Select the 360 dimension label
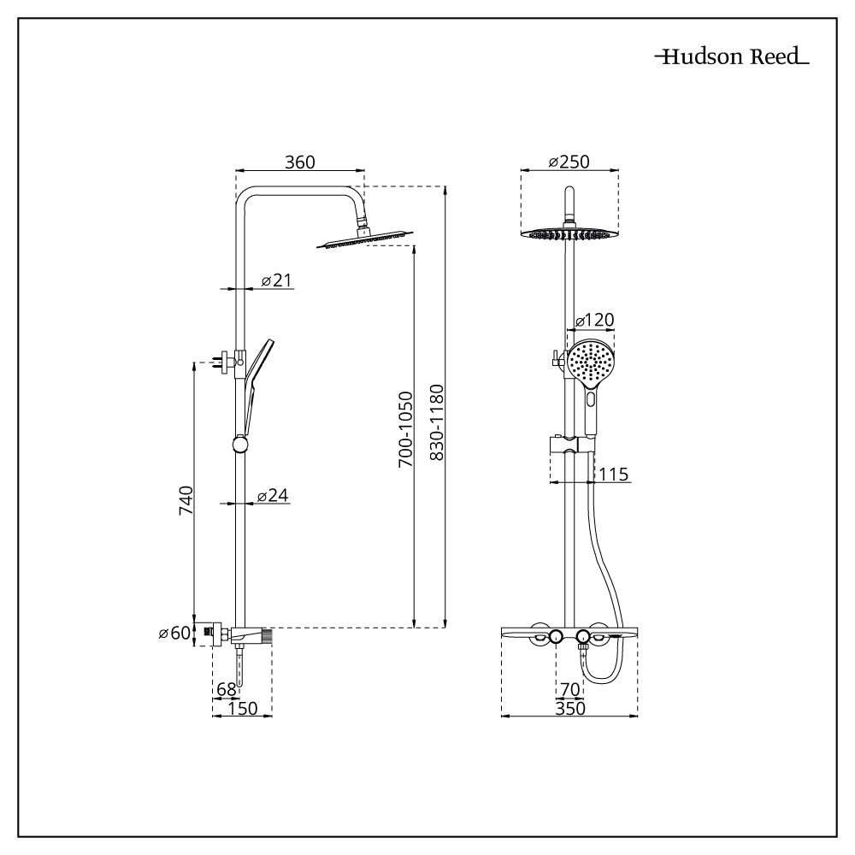(x=300, y=162)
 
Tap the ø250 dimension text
(x=569, y=162)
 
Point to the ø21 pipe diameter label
(x=276, y=280)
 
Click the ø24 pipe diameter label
(x=273, y=495)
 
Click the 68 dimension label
(x=226, y=688)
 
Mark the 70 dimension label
(x=570, y=688)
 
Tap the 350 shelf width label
(x=570, y=708)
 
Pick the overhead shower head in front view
(x=569, y=233)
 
